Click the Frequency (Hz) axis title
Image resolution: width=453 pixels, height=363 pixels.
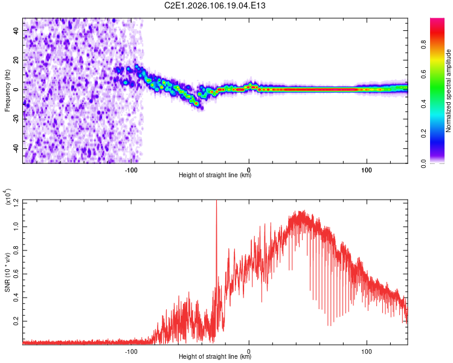pyautogui.click(x=7, y=91)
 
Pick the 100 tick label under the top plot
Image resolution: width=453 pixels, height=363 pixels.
pyautogui.click(x=366, y=169)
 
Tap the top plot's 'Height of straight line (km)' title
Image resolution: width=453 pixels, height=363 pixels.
pyautogui.click(x=215, y=175)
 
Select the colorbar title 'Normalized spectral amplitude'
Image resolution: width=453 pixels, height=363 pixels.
pyautogui.click(x=449, y=91)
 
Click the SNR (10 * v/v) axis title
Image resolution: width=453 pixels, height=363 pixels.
pyautogui.click(x=7, y=272)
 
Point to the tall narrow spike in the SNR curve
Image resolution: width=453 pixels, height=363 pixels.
pyautogui.click(x=216, y=209)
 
